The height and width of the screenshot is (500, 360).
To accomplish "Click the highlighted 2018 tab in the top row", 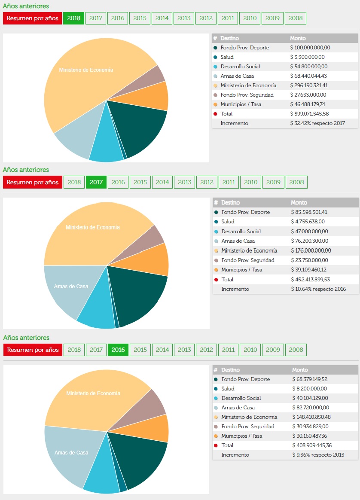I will (73, 18).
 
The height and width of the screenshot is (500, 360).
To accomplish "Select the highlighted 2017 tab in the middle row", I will (96, 182).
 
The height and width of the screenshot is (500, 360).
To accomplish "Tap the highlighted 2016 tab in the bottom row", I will (118, 350).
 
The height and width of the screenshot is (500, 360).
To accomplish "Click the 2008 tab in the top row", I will (296, 18).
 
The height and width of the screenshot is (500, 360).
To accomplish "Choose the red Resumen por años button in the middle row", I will (33, 182).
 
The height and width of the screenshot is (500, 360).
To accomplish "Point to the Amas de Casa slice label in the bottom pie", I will (71, 453).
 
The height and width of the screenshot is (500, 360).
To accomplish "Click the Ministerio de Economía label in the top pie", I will (86, 70).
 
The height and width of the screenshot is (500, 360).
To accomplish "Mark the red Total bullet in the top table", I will (215, 114).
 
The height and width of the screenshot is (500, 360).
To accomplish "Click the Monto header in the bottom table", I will (300, 370).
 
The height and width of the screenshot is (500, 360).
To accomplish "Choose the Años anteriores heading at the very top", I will (26, 6).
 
